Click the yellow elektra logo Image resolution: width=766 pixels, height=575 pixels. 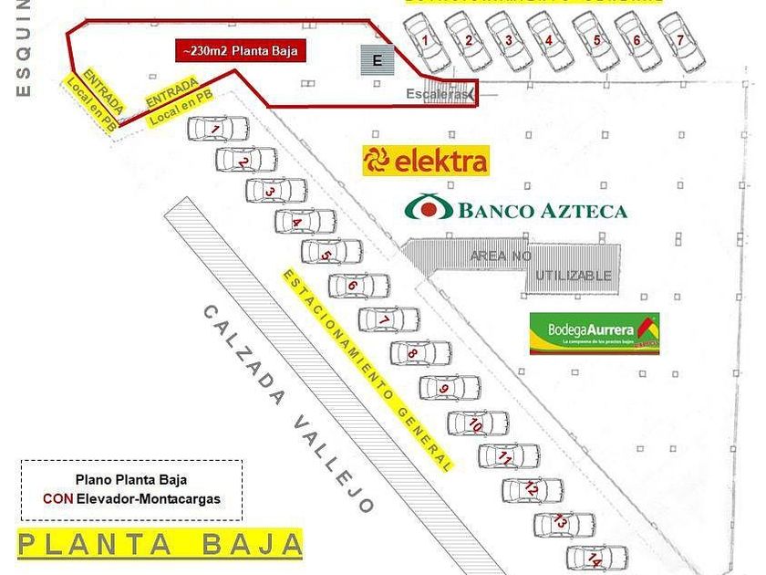(426, 162)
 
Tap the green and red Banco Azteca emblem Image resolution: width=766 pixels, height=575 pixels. (429, 208)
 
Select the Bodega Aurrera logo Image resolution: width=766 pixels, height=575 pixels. (594, 334)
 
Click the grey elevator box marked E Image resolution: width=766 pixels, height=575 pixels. (377, 60)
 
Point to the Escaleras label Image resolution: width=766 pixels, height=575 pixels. (440, 93)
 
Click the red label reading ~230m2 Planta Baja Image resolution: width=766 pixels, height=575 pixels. (241, 51)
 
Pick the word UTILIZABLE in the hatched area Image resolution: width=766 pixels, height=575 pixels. (573, 276)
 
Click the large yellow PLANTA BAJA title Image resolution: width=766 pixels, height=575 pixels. (160, 544)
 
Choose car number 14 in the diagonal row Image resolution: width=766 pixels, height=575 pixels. (597, 557)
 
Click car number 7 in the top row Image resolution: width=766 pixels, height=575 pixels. (681, 41)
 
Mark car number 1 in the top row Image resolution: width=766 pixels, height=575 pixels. (426, 42)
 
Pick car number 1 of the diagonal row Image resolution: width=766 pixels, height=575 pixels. (218, 129)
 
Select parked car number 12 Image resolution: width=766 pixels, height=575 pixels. (532, 490)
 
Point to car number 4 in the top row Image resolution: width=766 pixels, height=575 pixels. (549, 41)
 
